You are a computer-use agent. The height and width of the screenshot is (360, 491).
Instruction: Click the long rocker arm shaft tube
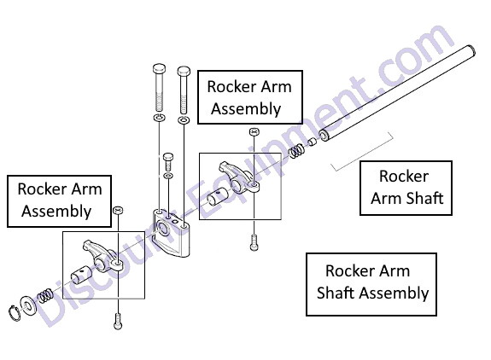pyautogui.click(x=398, y=93)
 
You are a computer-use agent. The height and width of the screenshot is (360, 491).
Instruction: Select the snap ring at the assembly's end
pyautogui.click(x=14, y=313)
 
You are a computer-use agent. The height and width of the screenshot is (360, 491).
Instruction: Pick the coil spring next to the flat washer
pyautogui.click(x=44, y=295)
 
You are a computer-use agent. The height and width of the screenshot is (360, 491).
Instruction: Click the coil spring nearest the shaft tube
pyautogui.click(x=296, y=150)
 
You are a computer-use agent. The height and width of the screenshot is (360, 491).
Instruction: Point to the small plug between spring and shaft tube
pyautogui.click(x=313, y=142)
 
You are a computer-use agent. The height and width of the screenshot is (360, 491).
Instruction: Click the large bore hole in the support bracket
pyautogui.click(x=163, y=228)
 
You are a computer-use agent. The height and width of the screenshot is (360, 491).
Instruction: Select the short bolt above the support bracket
pyautogui.click(x=168, y=162)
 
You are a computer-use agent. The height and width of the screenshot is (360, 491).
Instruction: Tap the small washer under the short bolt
pyautogui.click(x=168, y=176)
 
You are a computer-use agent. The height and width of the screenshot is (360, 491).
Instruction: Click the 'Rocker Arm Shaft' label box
pyautogui.click(x=406, y=188)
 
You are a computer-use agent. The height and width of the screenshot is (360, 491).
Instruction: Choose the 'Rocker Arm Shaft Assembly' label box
pyautogui.click(x=371, y=284)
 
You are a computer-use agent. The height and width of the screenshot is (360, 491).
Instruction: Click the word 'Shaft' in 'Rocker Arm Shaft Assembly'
pyautogui.click(x=336, y=293)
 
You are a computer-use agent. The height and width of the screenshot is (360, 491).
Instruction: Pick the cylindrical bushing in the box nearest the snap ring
pyautogui.click(x=81, y=275)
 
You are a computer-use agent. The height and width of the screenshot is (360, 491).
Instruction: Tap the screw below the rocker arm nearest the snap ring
pyautogui.click(x=118, y=321)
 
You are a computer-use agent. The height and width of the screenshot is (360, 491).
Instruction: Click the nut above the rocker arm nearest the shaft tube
pyautogui.click(x=254, y=131)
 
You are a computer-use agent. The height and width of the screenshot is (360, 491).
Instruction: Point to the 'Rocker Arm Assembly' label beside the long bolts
pyautogui.click(x=250, y=97)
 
